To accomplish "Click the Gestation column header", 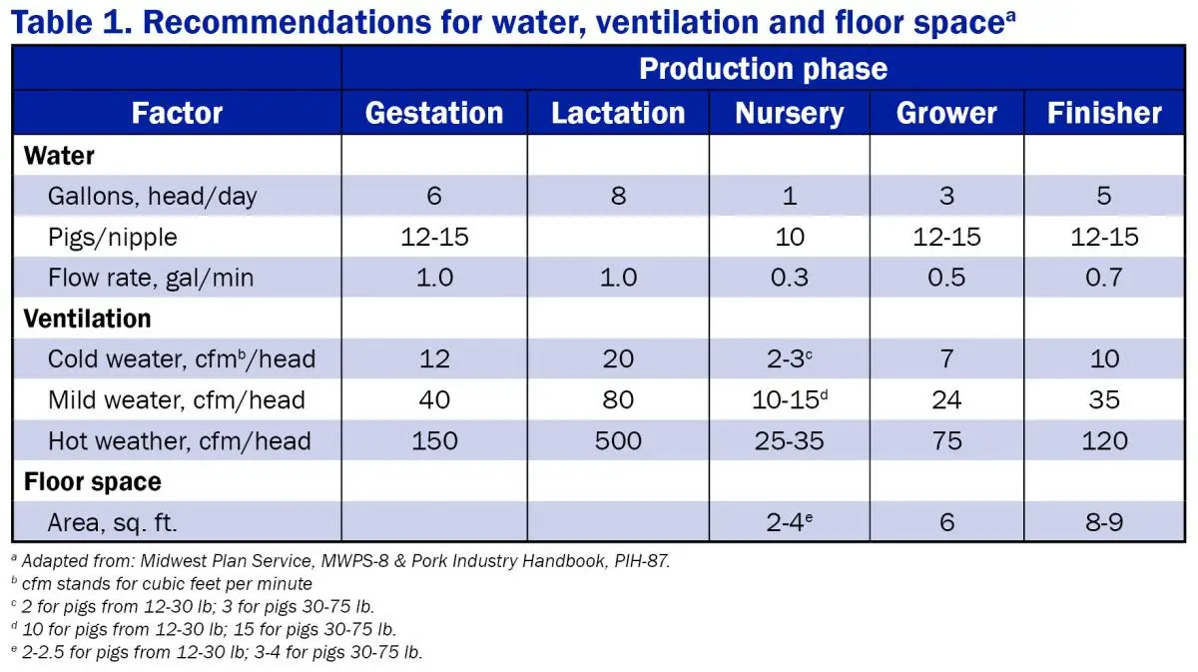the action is click(434, 113).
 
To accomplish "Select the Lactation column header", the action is click(618, 113).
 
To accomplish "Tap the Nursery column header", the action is click(790, 114).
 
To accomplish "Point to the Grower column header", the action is click(946, 113).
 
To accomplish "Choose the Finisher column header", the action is click(1104, 113).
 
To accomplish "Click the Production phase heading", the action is click(763, 69).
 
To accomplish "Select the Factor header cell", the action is click(177, 113).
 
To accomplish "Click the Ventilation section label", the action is click(87, 319).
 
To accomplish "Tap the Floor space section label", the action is click(93, 481).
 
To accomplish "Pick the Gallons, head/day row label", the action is click(153, 196).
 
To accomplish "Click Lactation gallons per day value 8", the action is click(618, 196).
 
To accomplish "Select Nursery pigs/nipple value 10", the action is click(790, 237).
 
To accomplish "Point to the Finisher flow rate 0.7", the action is click(1104, 278).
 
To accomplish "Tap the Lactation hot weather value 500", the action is click(618, 441).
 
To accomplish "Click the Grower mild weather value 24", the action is click(946, 400).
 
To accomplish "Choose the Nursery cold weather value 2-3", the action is click(790, 358).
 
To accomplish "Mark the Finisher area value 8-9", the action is click(1104, 522).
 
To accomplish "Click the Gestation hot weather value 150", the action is click(434, 441).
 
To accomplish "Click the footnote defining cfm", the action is click(162, 584).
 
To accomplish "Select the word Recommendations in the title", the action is click(287, 23).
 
